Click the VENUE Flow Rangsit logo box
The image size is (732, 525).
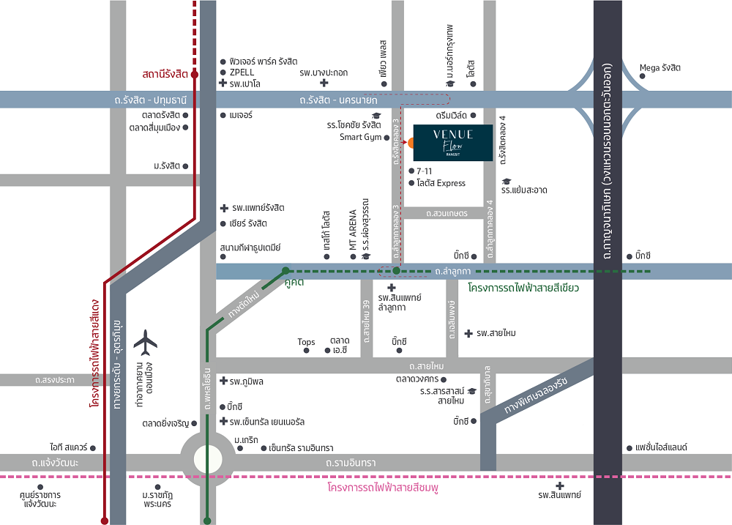pyautogui.click(x=453, y=143)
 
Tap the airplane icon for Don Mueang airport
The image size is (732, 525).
pyautogui.click(x=145, y=343)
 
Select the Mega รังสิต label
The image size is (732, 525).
pyautogui.click(x=660, y=68)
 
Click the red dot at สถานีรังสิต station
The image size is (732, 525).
pyautogui.click(x=195, y=74)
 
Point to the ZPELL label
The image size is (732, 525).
pyautogui.click(x=242, y=72)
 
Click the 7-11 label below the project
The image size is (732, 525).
pyautogui.click(x=425, y=171)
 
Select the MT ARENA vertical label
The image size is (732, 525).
pyautogui.click(x=353, y=229)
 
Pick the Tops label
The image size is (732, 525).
pyautogui.click(x=306, y=342)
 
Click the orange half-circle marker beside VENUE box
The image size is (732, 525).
pyautogui.click(x=411, y=143)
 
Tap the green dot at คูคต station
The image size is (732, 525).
pyautogui.click(x=285, y=270)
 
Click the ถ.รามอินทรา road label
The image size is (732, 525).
pyautogui.click(x=351, y=463)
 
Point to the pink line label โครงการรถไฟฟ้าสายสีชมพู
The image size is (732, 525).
pyautogui.click(x=383, y=488)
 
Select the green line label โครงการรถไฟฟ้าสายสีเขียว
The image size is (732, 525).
pyautogui.click(x=523, y=288)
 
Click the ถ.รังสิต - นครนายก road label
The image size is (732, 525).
pyautogui.click(x=338, y=100)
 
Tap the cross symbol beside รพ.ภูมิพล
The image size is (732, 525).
pyautogui.click(x=223, y=381)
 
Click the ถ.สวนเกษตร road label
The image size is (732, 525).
pyautogui.click(x=447, y=214)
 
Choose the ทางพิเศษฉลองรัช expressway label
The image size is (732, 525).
pyautogui.click(x=536, y=395)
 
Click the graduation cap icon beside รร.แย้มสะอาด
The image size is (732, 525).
pyautogui.click(x=506, y=182)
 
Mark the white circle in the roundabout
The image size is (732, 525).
pyautogui.click(x=208, y=459)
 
